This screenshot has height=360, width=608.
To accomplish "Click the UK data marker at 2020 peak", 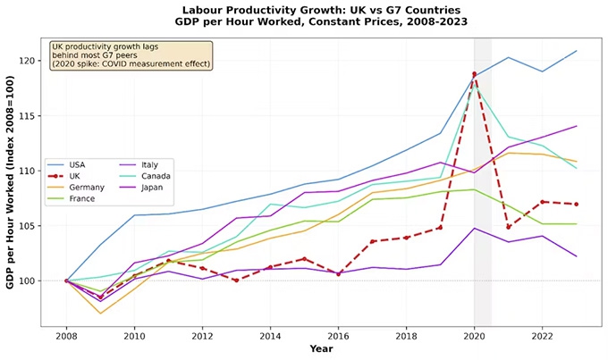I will click(x=474, y=74).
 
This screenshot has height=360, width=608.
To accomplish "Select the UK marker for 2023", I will click(x=576, y=204).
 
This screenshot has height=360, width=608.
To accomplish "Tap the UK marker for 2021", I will click(x=508, y=227).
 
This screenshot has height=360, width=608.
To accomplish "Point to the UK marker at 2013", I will click(x=236, y=280).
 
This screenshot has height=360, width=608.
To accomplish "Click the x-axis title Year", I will click(x=321, y=348).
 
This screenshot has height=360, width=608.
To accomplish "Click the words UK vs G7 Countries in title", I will click(x=387, y=10).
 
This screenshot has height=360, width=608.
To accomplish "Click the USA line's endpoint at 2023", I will click(x=576, y=51).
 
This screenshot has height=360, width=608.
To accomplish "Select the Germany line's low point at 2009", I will click(x=100, y=313).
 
